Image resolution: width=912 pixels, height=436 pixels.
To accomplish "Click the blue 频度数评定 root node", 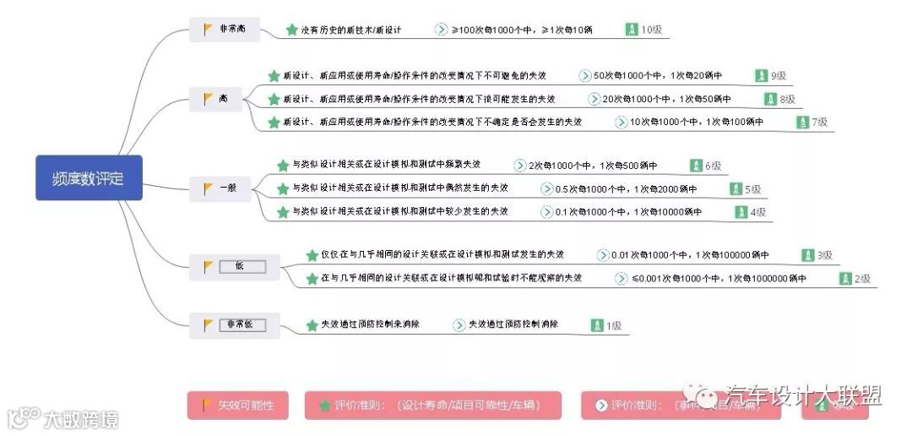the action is [89, 177].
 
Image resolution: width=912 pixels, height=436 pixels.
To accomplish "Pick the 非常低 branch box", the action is [232, 324].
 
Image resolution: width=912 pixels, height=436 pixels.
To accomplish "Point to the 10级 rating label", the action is [651, 30].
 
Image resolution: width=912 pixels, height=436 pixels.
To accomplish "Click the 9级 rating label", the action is [779, 76].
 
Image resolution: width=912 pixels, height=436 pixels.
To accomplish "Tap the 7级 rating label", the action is [819, 123].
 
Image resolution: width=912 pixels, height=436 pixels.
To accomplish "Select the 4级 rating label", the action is [757, 212].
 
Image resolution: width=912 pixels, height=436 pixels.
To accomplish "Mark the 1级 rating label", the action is [612, 325].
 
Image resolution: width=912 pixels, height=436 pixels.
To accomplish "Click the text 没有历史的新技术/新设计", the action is [350, 30].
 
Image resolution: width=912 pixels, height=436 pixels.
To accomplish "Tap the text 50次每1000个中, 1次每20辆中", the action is [658, 76].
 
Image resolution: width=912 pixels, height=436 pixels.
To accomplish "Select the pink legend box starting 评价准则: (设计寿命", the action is [432, 405].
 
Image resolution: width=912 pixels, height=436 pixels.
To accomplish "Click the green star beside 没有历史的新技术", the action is [292, 30].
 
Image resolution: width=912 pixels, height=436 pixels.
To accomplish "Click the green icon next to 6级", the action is [696, 166].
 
